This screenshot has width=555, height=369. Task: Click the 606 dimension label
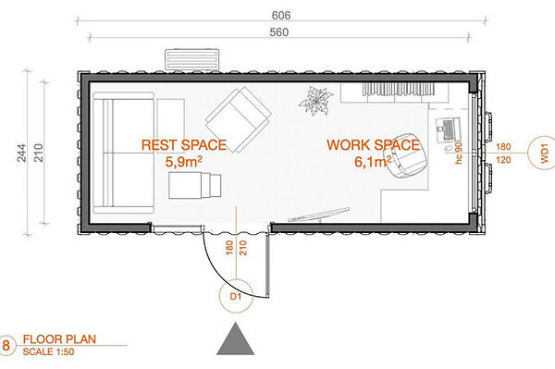[281, 15]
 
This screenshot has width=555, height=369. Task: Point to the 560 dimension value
[279, 32]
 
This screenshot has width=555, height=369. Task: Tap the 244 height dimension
[21, 153]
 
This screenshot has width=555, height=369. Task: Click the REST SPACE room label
[184, 144]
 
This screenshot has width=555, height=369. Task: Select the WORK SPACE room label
[373, 144]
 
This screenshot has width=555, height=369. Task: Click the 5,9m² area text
[184, 162]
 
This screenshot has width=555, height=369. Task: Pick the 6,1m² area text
[373, 162]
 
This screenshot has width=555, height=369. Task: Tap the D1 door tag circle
[236, 296]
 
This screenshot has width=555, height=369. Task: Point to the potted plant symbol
[315, 101]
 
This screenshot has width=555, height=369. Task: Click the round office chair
[403, 155]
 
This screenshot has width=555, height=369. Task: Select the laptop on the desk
[448, 129]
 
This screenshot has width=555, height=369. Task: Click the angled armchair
[239, 119]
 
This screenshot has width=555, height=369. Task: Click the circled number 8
[6, 345]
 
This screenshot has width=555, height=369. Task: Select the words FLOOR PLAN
[59, 338]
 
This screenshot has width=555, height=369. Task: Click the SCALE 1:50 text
[48, 351]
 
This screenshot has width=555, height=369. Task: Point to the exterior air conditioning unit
[191, 59]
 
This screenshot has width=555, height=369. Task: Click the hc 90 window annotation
[459, 153]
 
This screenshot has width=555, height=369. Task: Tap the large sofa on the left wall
[124, 153]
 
